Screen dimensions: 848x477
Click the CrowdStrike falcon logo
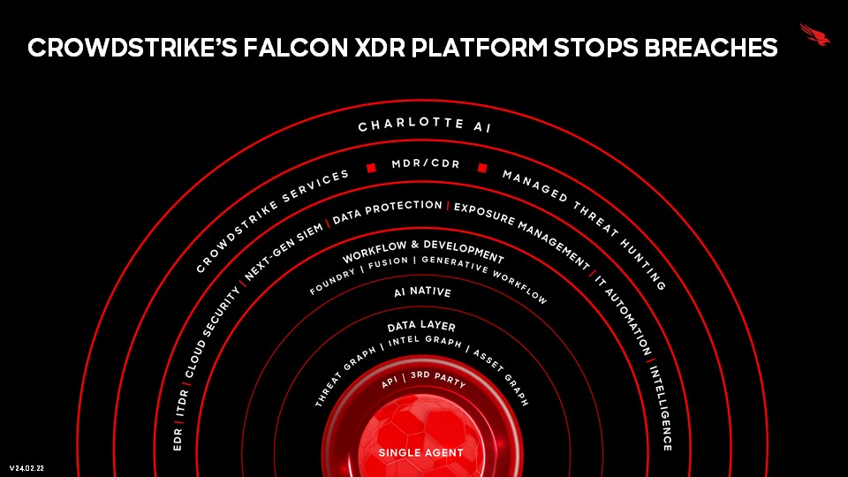coord(815,34)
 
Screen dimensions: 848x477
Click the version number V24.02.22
coord(26,468)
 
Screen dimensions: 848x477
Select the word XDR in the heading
coord(380,48)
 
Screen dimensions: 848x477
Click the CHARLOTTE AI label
coord(425,125)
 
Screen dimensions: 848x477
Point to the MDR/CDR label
coord(426,163)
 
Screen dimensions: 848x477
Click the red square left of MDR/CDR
coord(371,168)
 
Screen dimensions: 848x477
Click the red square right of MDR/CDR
coord(482,168)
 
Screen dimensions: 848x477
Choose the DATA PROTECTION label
coord(387,211)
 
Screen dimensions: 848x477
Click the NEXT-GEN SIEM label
coord(284,250)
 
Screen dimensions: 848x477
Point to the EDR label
coord(178,439)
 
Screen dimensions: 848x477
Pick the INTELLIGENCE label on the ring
coord(662,408)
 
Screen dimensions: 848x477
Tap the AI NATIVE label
coord(422,292)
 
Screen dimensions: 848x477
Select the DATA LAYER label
coord(421,326)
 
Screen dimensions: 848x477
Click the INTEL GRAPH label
coord(425,341)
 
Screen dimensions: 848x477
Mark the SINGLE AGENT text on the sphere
coord(420,452)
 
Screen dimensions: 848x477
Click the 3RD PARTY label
coord(438,379)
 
